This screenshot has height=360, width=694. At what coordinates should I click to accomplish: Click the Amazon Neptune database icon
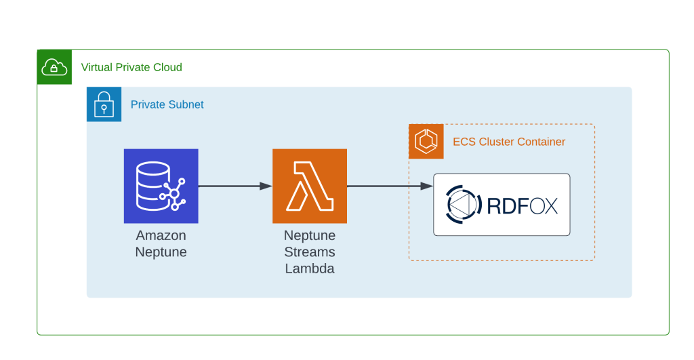161,186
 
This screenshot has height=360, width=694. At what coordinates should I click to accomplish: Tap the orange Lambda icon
309,186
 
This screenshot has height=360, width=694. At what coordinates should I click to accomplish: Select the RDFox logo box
502,205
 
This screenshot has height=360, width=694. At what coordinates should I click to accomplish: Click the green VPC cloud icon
55,67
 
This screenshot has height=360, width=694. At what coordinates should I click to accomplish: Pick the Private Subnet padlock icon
104,104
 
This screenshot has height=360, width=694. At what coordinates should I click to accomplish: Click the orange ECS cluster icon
426,142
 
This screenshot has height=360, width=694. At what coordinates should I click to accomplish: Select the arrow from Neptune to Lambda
234,186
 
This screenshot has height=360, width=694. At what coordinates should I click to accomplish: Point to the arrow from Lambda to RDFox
390,186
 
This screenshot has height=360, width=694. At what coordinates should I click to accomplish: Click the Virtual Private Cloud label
131,67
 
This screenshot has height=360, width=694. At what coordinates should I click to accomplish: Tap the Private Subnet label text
167,104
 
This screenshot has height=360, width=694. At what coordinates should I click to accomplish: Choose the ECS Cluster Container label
509,142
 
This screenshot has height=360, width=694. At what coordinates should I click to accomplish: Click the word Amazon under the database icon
161,236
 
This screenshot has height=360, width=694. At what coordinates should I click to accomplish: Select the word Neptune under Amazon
161,252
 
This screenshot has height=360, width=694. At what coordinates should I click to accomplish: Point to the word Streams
309,252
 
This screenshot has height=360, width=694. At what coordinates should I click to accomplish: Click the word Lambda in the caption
309,268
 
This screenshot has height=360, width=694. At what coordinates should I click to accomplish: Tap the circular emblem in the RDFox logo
464,205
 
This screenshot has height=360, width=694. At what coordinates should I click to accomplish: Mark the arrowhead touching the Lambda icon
266,186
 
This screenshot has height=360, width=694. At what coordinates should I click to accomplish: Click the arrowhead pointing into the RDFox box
428,186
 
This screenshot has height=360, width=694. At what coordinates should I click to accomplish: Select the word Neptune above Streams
309,236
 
